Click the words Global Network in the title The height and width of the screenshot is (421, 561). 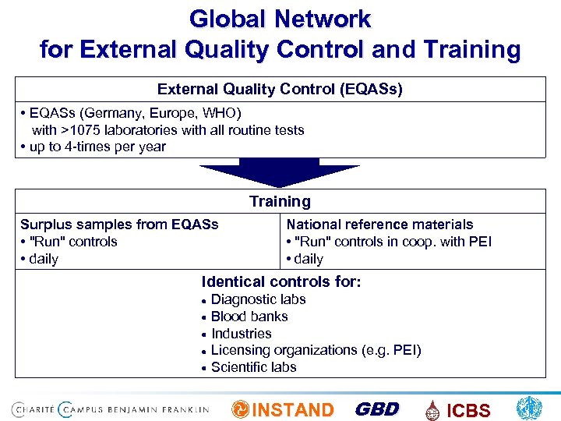click(280, 19)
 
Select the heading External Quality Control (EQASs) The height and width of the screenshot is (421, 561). click(280, 90)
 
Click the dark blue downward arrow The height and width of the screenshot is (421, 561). click(280, 172)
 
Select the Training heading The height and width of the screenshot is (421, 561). click(280, 202)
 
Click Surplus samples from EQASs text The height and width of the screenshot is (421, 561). click(119, 225)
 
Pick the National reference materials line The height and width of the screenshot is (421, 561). click(379, 225)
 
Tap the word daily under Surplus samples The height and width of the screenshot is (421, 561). click(43, 259)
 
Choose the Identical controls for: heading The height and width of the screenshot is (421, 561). click(281, 281)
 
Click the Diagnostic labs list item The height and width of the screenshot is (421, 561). click(258, 299)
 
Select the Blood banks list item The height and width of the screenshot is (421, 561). click(249, 317)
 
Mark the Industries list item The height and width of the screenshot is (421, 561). click(242, 334)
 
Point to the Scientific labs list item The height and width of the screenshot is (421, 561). click(253, 367)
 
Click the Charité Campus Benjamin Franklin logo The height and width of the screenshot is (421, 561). click(110, 409)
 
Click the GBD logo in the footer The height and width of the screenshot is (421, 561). click(376, 409)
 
